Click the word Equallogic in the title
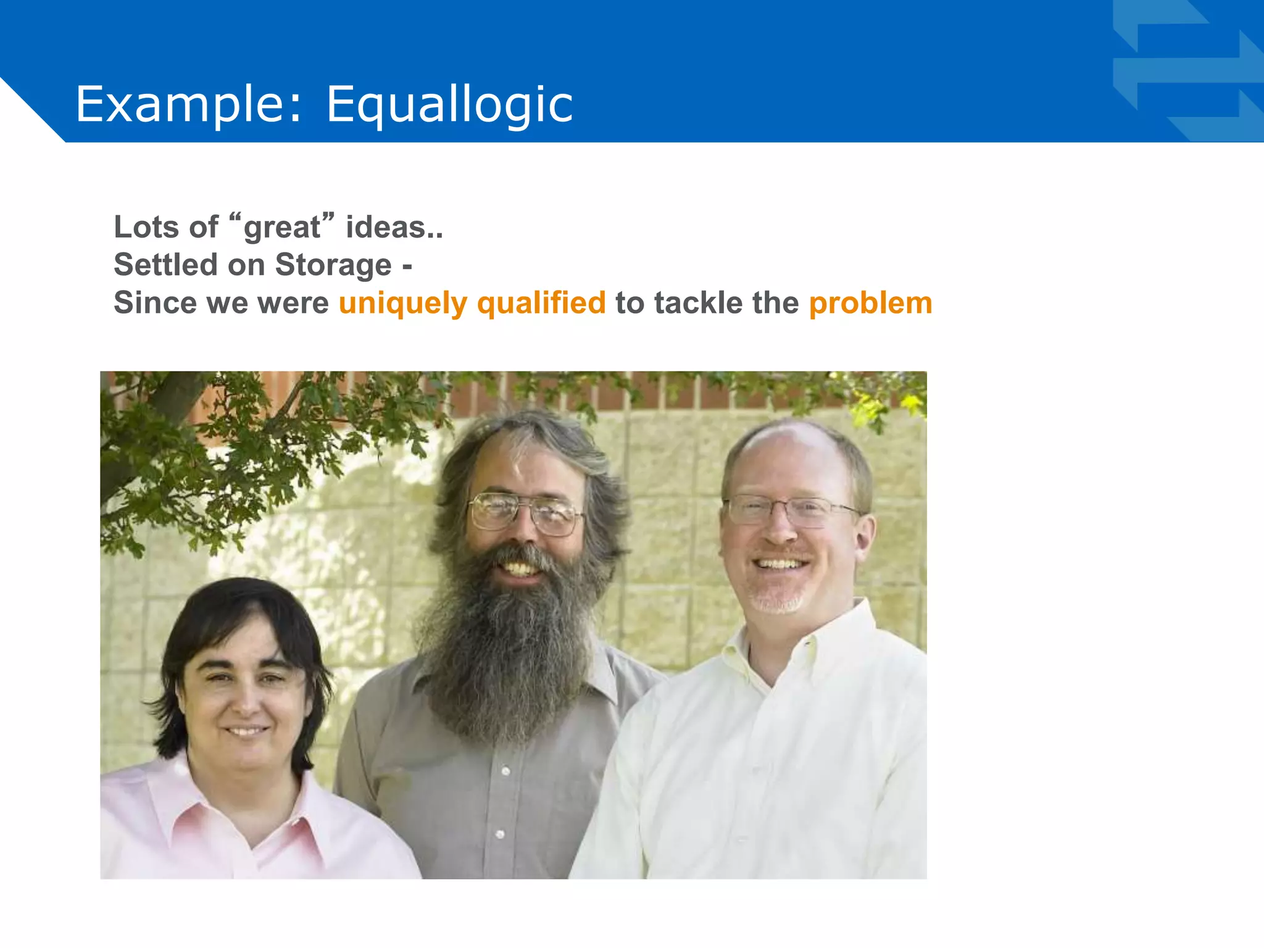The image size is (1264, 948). point(449,105)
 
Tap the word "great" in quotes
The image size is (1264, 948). point(281,227)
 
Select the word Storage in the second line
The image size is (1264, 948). point(333,265)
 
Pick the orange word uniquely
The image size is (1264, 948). point(403,304)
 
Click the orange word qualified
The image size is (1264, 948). point(541,304)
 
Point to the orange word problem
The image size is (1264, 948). point(870,303)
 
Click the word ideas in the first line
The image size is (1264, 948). point(385,227)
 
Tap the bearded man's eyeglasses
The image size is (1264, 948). point(525,512)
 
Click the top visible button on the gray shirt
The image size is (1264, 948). point(505,771)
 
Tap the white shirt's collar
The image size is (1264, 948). point(802,648)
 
